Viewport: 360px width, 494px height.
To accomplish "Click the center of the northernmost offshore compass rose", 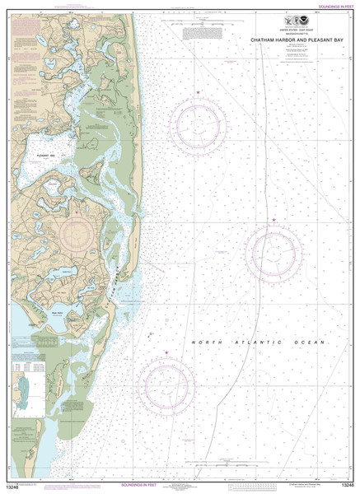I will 198,125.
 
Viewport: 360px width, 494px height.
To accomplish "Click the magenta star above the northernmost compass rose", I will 198,91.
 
